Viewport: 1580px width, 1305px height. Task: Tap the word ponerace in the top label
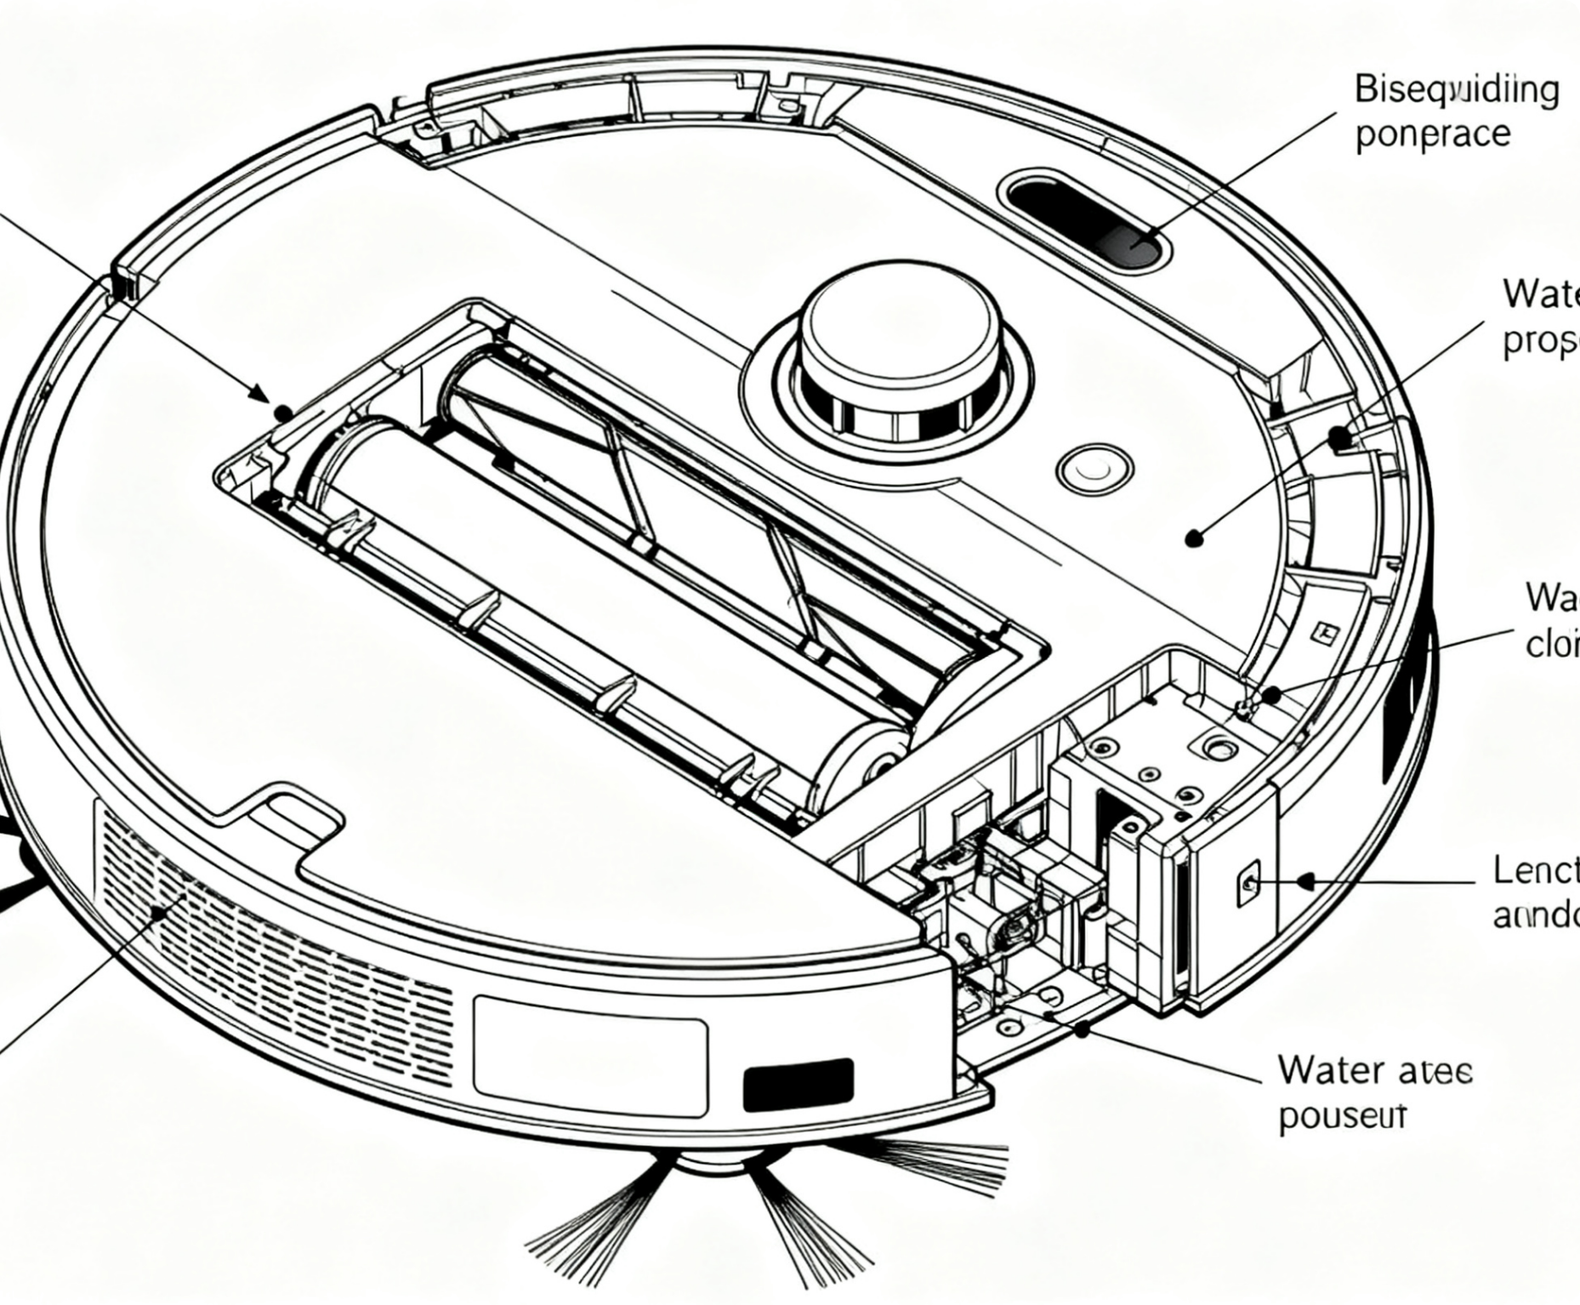pos(1432,134)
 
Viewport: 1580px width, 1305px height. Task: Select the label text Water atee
pos(1374,1070)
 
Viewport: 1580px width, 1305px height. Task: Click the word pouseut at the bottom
pos(1342,1115)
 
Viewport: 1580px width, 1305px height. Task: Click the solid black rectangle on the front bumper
pos(797,1084)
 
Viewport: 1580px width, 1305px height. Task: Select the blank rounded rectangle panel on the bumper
pos(590,1056)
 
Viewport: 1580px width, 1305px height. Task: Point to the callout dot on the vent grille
pos(159,913)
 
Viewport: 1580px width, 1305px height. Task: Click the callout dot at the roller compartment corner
pos(284,413)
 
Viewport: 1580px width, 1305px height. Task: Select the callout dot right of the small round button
pos(1196,538)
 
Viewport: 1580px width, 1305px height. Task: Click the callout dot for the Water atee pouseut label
pos(1082,1029)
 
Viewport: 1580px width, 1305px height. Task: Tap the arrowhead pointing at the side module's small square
pos(1304,881)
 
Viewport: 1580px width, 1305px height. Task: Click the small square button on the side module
pos(1249,881)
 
